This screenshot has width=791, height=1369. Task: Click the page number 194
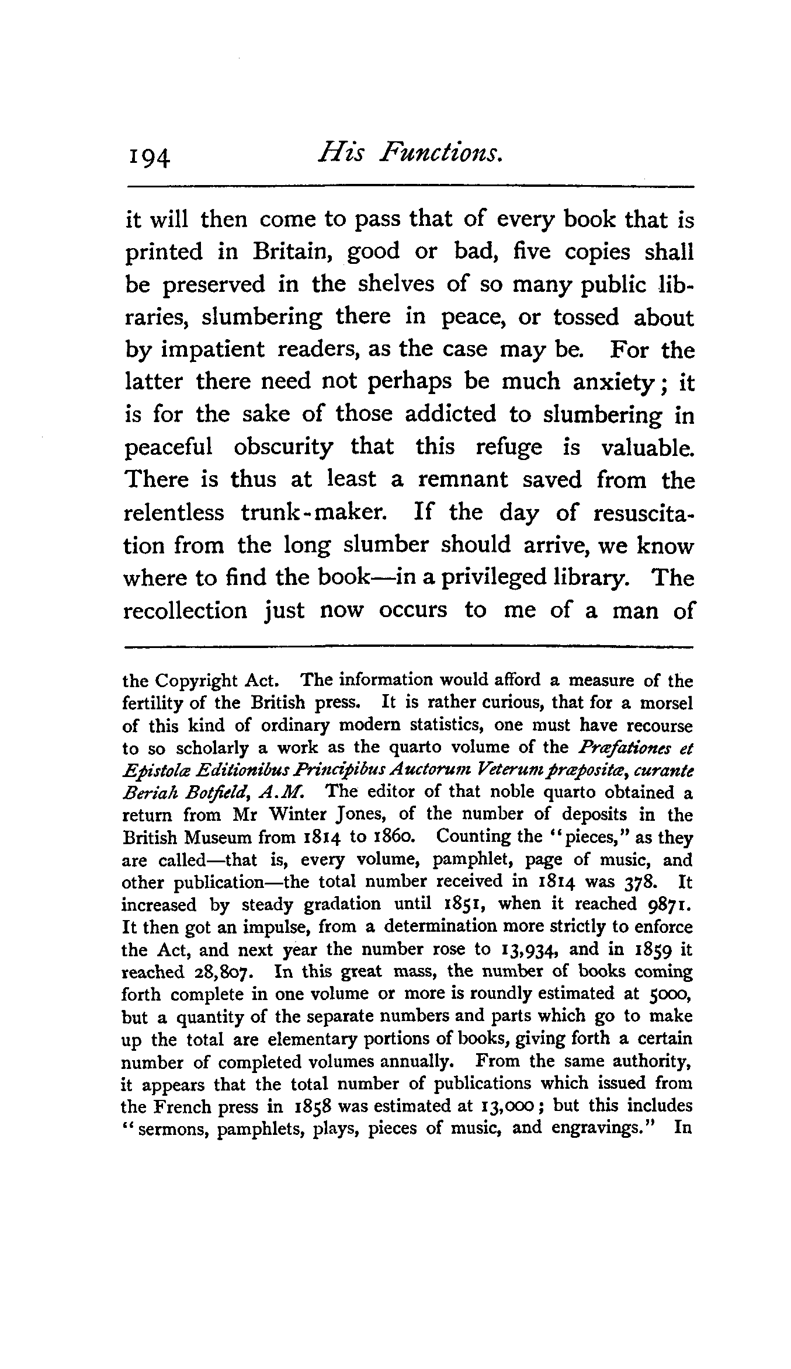pos(148,157)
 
